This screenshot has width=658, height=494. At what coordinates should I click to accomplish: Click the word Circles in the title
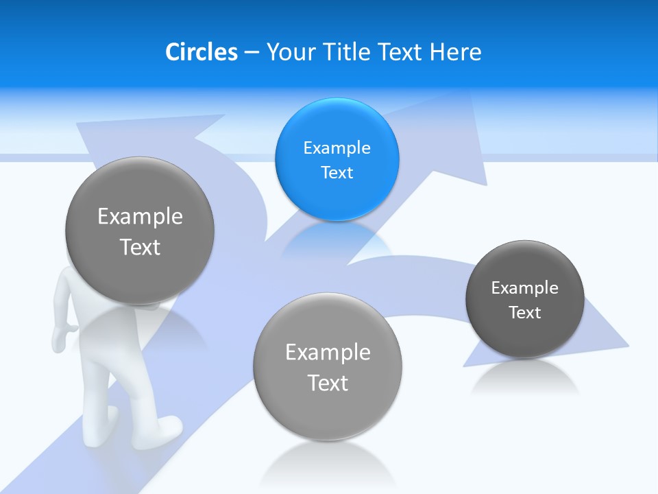(x=202, y=52)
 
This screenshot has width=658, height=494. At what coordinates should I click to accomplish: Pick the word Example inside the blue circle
(x=337, y=148)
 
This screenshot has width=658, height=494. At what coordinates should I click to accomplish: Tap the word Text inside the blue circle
(x=337, y=173)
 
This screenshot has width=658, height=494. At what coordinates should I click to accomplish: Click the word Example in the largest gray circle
(x=140, y=217)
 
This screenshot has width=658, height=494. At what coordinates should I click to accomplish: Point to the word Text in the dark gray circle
(x=524, y=313)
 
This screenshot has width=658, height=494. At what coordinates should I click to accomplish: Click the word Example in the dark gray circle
(x=524, y=288)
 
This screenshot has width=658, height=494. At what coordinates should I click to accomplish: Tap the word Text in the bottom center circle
(x=328, y=383)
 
